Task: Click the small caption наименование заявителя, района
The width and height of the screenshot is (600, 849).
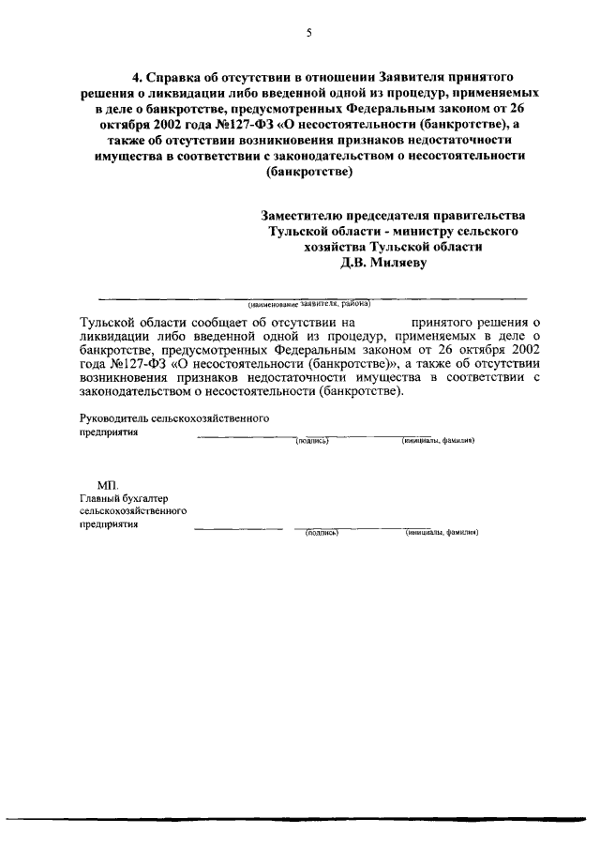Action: tap(309, 304)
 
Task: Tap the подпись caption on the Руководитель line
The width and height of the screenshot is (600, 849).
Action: tap(311, 440)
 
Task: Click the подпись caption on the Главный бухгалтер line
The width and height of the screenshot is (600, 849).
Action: tap(321, 532)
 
